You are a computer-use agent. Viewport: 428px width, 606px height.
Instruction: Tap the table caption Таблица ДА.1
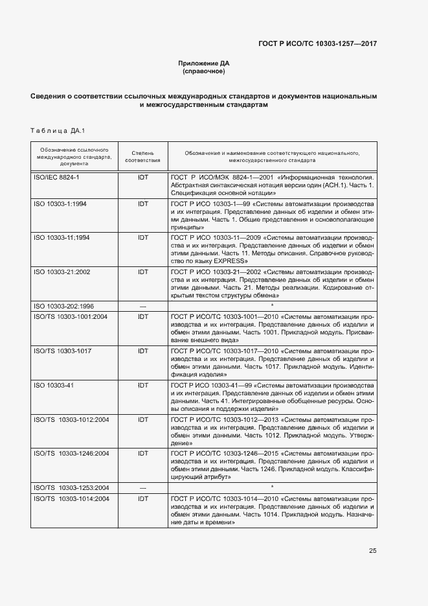(58, 132)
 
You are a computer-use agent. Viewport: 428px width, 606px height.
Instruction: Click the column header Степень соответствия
(142, 156)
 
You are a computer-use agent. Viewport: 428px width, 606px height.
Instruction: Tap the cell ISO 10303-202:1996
(63, 305)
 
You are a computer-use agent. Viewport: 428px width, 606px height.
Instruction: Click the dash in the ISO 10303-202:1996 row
(142, 305)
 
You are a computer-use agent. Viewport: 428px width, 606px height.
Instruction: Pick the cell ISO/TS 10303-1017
(62, 350)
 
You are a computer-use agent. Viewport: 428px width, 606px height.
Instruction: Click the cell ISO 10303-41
(54, 385)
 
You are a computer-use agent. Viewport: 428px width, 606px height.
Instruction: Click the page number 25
(372, 551)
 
